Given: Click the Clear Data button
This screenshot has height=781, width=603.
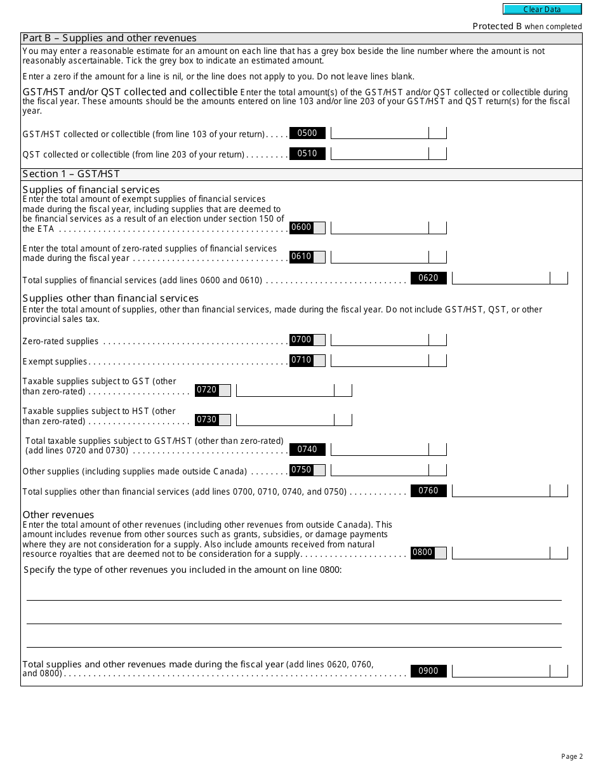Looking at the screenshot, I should tap(542, 9).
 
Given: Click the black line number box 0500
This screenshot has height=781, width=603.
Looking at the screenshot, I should tap(307, 133).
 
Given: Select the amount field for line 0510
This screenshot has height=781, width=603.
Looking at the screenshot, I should tap(380, 154).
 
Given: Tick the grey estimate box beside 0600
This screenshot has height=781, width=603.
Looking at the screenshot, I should tap(319, 227).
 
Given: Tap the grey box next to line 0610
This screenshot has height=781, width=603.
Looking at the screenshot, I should tap(319, 257).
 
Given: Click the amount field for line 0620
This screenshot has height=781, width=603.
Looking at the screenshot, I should tap(501, 277).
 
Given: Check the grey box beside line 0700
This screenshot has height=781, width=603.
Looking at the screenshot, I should tap(319, 340).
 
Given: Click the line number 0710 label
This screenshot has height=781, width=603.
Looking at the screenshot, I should tap(301, 360).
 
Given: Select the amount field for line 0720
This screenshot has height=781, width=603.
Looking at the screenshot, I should tap(285, 390).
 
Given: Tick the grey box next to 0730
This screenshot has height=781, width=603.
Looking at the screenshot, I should tap(225, 420).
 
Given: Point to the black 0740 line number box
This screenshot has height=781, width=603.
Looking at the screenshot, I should tap(307, 449).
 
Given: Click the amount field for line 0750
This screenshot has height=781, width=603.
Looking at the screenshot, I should tap(380, 470).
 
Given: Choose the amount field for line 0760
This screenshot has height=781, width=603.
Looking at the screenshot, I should tap(501, 491).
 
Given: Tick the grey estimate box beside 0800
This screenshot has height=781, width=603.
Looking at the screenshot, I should tap(441, 552).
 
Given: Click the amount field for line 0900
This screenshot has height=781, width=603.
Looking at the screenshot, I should tap(501, 671).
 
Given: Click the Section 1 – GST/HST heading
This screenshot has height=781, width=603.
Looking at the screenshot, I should tap(71, 174).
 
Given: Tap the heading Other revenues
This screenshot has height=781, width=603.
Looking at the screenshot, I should tap(58, 514).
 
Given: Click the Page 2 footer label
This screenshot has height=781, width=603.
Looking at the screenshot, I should tap(571, 756).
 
